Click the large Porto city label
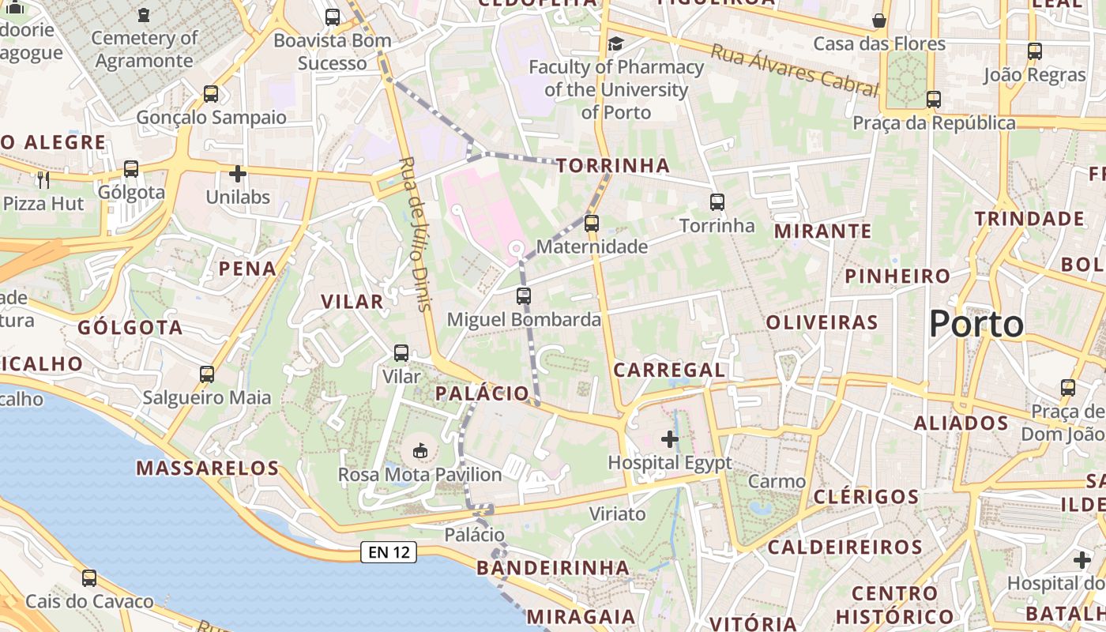[976, 324]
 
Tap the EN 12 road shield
[389, 552]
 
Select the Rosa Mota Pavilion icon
[420, 452]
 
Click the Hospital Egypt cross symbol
[670, 439]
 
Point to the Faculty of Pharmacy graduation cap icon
[615, 43]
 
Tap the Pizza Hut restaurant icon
[43, 180]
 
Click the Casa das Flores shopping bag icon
[879, 20]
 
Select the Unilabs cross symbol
[238, 174]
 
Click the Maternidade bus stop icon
[592, 224]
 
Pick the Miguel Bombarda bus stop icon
[524, 296]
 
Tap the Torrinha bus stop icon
[717, 202]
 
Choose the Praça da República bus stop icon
[934, 100]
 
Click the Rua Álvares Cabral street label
[794, 70]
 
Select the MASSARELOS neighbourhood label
[208, 468]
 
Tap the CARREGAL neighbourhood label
[669, 370]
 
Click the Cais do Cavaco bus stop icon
[89, 578]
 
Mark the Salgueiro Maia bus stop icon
[207, 374]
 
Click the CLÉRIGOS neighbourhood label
[866, 497]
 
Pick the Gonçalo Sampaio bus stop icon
[211, 94]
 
